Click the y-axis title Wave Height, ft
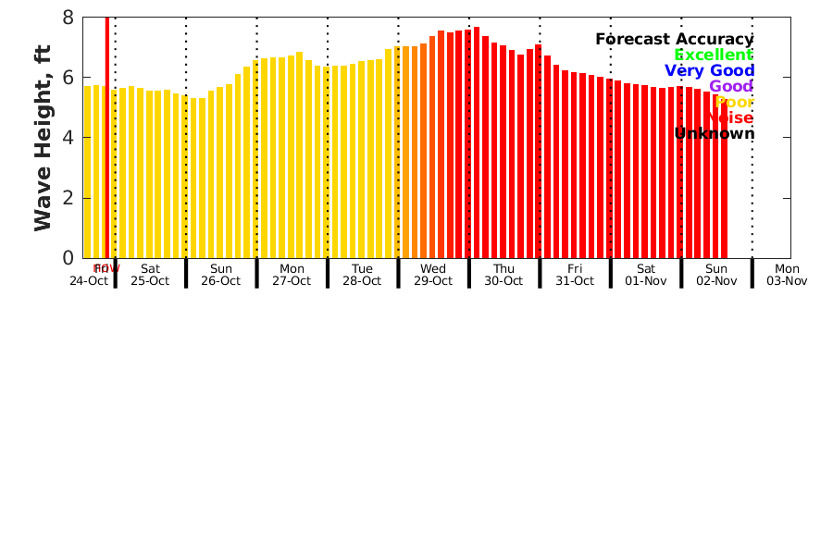point(43,138)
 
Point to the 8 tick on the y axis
point(68,18)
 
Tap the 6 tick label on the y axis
point(68,78)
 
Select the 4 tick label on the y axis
point(68,138)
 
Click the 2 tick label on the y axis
point(68,198)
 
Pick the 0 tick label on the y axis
point(68,258)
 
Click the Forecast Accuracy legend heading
point(674,39)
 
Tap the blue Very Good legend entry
point(709,70)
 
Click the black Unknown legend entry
point(714,133)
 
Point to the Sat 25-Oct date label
point(150,275)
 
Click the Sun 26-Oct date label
point(220,275)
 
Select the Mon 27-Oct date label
point(292,275)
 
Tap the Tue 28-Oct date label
point(362,275)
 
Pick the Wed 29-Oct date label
point(433,275)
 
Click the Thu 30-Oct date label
point(504,275)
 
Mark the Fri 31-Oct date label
point(575,275)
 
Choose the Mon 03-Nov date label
point(787,275)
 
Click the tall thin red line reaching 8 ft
point(107,139)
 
